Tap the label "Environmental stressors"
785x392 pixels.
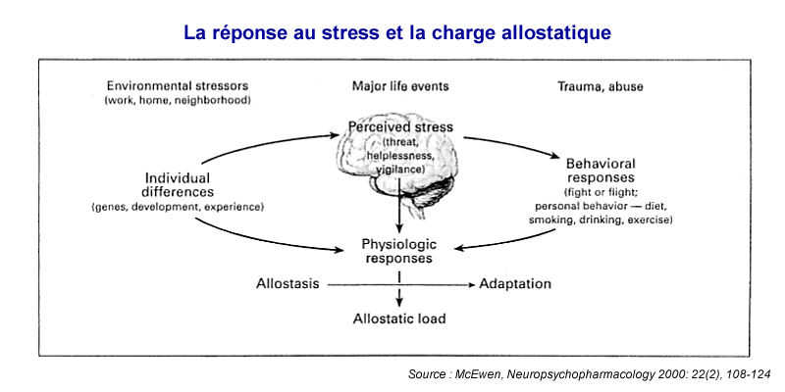(178, 86)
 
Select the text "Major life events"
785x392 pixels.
(400, 86)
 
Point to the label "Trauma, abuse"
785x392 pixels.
(601, 86)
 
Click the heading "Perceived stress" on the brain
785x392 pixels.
(400, 127)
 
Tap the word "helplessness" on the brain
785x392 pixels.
(399, 157)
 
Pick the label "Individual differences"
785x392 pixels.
(178, 184)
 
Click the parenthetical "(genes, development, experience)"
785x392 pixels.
(178, 207)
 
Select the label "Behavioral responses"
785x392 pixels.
(601, 171)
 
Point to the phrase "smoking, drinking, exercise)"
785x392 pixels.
(601, 220)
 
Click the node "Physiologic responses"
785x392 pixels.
(399, 252)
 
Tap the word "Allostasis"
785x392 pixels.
(288, 283)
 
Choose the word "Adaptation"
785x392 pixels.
(515, 284)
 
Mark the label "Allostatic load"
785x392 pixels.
(399, 318)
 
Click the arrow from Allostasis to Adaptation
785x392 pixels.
(400, 285)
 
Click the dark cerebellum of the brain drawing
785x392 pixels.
(440, 189)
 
